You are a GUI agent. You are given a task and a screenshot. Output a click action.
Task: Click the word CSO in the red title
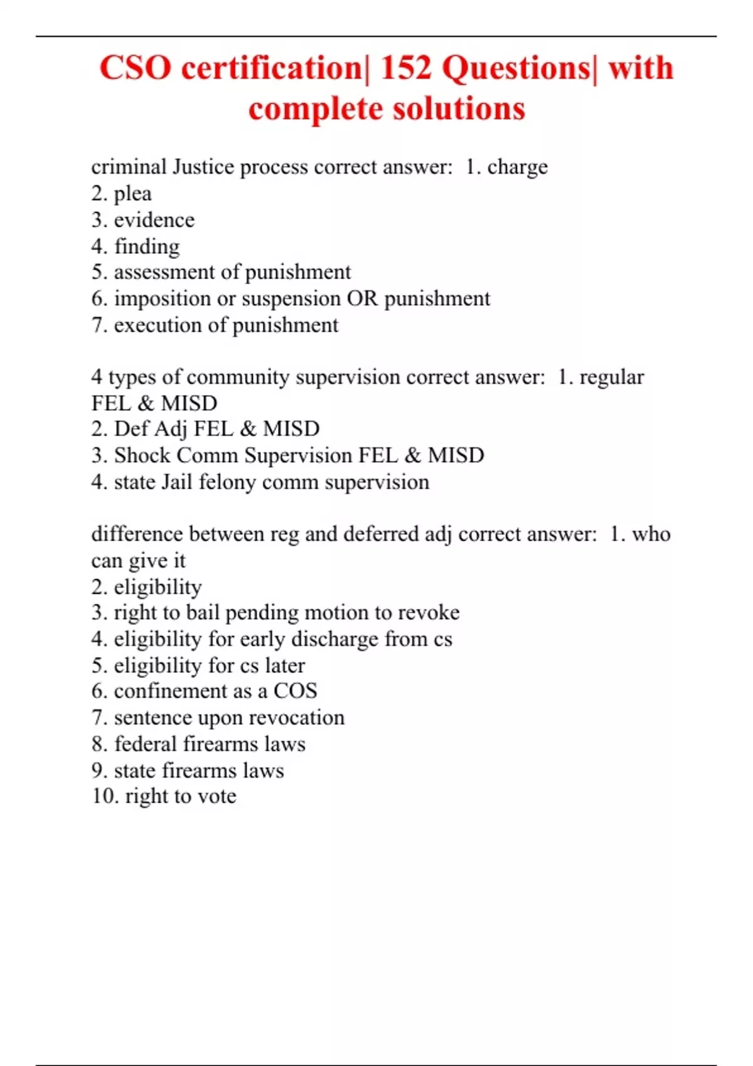pos(135,68)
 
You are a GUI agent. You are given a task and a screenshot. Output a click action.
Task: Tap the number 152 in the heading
pos(406,68)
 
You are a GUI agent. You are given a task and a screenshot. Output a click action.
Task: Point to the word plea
pos(132,194)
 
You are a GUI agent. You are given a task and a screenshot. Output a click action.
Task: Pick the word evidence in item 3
pos(154,220)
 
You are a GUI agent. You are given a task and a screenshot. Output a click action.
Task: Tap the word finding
pos(147,246)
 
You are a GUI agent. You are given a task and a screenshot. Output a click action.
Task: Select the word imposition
pos(163,298)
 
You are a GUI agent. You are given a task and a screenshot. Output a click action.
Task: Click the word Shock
pos(142,455)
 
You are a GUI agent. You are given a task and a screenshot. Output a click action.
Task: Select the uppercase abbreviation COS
pos(296,691)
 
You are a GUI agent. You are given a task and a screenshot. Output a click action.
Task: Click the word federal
pos(146,744)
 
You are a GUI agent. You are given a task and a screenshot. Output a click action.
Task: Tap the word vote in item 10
pos(216,796)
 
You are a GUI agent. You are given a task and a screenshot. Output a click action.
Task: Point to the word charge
pos(518,167)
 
